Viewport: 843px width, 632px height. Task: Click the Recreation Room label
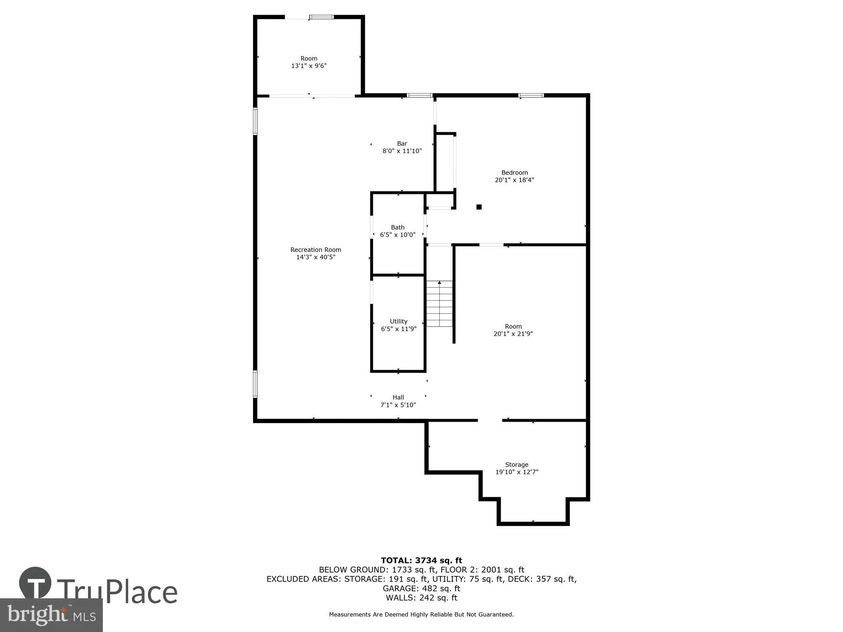pos(316,250)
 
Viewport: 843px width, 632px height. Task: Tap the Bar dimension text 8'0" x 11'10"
pos(402,151)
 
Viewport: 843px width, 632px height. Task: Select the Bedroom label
pos(514,172)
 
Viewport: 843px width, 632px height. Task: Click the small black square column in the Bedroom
pos(479,207)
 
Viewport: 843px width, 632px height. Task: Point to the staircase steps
pos(439,305)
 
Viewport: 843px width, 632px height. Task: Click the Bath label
pos(397,227)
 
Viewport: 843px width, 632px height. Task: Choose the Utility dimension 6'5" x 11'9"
pos(399,329)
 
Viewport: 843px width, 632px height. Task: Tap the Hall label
pos(398,397)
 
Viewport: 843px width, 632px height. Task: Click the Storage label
pos(516,464)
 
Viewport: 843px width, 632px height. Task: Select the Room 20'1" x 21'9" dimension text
pos(513,334)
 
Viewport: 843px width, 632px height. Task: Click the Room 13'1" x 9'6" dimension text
pos(309,66)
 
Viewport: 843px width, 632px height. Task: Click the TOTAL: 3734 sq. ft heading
pos(421,560)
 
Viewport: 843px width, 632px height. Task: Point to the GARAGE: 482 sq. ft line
pos(421,588)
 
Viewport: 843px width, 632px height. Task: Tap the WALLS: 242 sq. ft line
pos(421,597)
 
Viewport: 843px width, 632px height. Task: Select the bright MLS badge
pos(51,615)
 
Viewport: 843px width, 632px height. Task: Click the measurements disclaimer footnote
pos(421,614)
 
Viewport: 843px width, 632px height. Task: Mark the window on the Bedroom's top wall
pos(531,96)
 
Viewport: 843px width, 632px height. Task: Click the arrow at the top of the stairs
pos(439,283)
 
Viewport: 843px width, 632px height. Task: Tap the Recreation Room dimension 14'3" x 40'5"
pos(316,257)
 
